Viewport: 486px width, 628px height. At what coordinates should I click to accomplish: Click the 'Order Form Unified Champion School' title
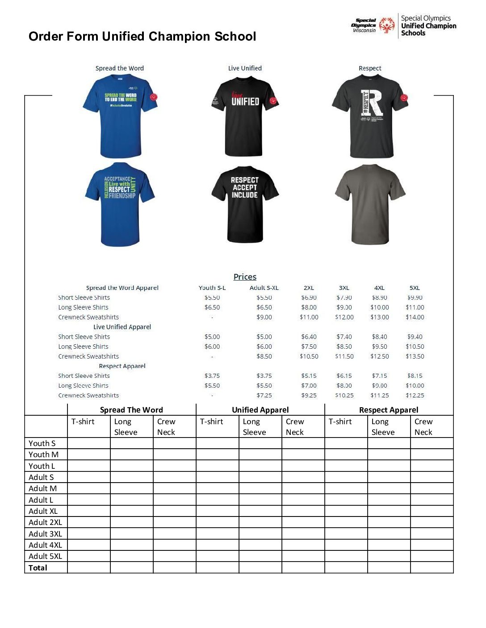pyautogui.click(x=142, y=36)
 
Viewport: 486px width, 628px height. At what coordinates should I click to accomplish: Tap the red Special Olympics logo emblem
pyautogui.click(x=387, y=25)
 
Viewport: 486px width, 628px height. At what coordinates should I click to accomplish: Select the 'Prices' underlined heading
pyautogui.click(x=245, y=277)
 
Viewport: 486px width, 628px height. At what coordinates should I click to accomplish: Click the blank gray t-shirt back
pyautogui.click(x=370, y=204)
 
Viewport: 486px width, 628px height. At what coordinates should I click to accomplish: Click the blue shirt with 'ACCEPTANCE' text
pyautogui.click(x=120, y=204)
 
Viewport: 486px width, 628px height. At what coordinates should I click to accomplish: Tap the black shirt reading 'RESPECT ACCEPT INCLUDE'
pyautogui.click(x=245, y=204)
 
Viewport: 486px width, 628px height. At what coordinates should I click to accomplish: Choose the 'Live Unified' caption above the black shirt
pyautogui.click(x=245, y=68)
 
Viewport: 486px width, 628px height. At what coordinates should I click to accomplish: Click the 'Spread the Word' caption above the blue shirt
pyautogui.click(x=120, y=68)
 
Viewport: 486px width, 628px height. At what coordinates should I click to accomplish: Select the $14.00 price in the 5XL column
pyautogui.click(x=415, y=317)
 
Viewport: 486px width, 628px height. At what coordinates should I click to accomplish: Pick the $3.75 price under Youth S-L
pyautogui.click(x=212, y=376)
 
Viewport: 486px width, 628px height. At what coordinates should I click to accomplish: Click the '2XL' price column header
pyautogui.click(x=309, y=288)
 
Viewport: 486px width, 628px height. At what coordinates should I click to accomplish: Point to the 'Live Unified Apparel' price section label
pyautogui.click(x=122, y=327)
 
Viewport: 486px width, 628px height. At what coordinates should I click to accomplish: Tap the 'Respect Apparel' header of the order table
pyautogui.click(x=389, y=409)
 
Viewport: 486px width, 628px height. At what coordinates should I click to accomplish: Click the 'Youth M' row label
pyautogui.click(x=43, y=454)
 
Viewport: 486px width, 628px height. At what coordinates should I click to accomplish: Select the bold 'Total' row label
pyautogui.click(x=38, y=567)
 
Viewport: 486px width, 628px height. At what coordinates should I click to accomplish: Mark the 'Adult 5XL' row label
pyautogui.click(x=45, y=556)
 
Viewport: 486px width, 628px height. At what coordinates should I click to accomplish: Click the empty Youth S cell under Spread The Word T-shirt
pyautogui.click(x=89, y=443)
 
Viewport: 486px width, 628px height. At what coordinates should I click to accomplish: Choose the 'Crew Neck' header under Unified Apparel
pyautogui.click(x=295, y=426)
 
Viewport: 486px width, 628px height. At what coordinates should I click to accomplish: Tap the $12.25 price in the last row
pyautogui.click(x=415, y=395)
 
